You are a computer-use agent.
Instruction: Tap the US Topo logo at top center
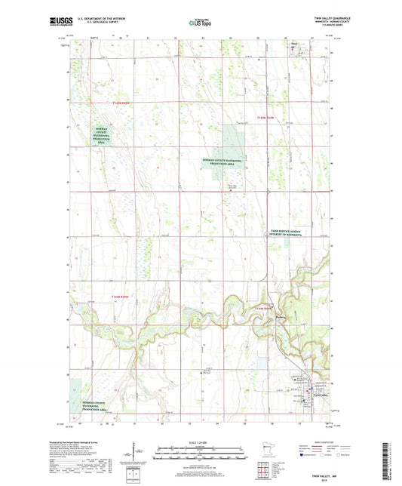click(x=199, y=23)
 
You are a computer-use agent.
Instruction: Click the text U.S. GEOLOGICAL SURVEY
click(x=106, y=23)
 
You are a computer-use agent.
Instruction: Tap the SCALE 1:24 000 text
click(x=201, y=442)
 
